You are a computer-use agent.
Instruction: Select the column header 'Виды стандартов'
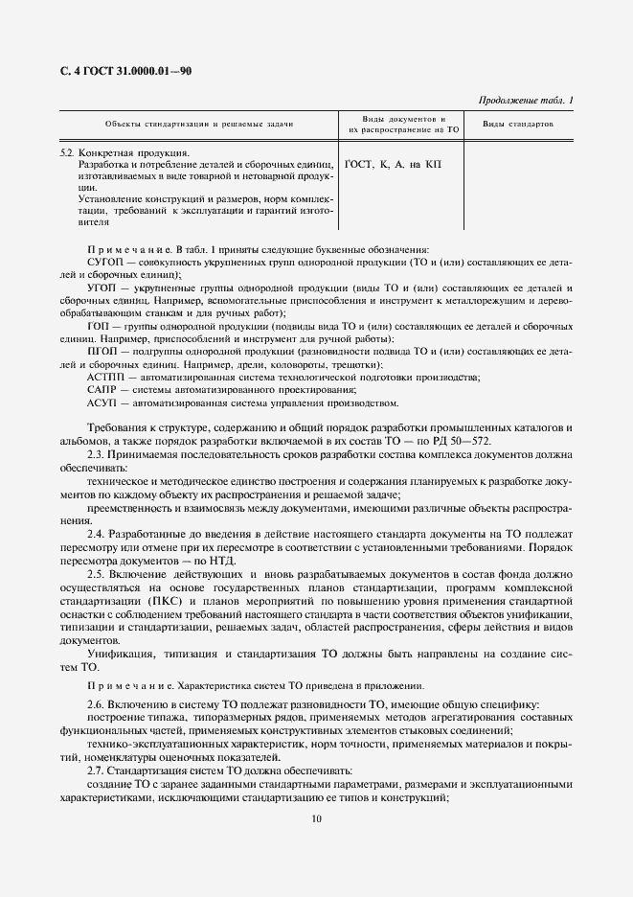pyautogui.click(x=516, y=125)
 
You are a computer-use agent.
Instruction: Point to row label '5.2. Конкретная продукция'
pyautogui.click(x=124, y=152)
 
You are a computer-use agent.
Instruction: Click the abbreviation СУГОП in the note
pyautogui.click(x=106, y=261)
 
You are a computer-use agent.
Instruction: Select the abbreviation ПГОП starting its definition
pyautogui.click(x=102, y=351)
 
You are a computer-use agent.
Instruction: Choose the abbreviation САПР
pyautogui.click(x=103, y=390)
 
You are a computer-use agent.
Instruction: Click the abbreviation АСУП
pyautogui.click(x=103, y=402)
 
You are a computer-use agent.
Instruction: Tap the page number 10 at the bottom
pyautogui.click(x=316, y=818)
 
